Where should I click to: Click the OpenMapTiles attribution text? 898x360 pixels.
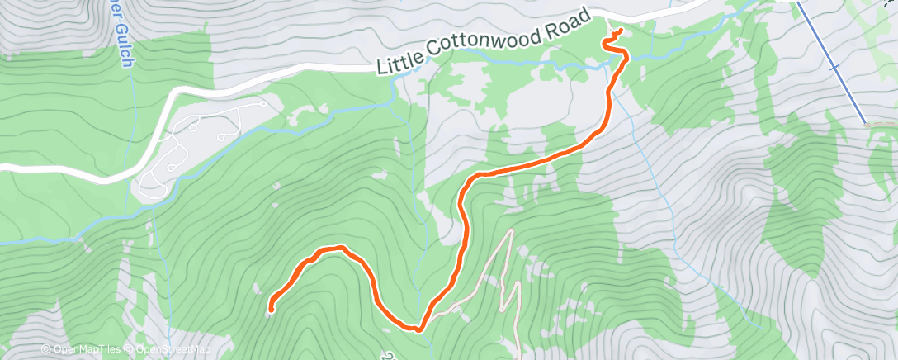click(x=85, y=350)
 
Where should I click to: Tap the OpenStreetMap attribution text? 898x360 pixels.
click(x=169, y=350)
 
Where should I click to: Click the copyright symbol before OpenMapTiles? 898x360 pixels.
click(x=45, y=350)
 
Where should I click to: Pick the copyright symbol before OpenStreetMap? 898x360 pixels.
click(x=129, y=350)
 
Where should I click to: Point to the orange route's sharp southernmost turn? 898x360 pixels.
click(x=419, y=329)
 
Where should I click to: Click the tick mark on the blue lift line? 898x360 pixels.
click(x=835, y=67)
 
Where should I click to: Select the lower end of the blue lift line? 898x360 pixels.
click(x=865, y=123)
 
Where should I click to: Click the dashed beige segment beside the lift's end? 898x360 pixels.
click(x=881, y=125)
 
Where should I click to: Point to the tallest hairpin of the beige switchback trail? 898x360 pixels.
click(x=509, y=234)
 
